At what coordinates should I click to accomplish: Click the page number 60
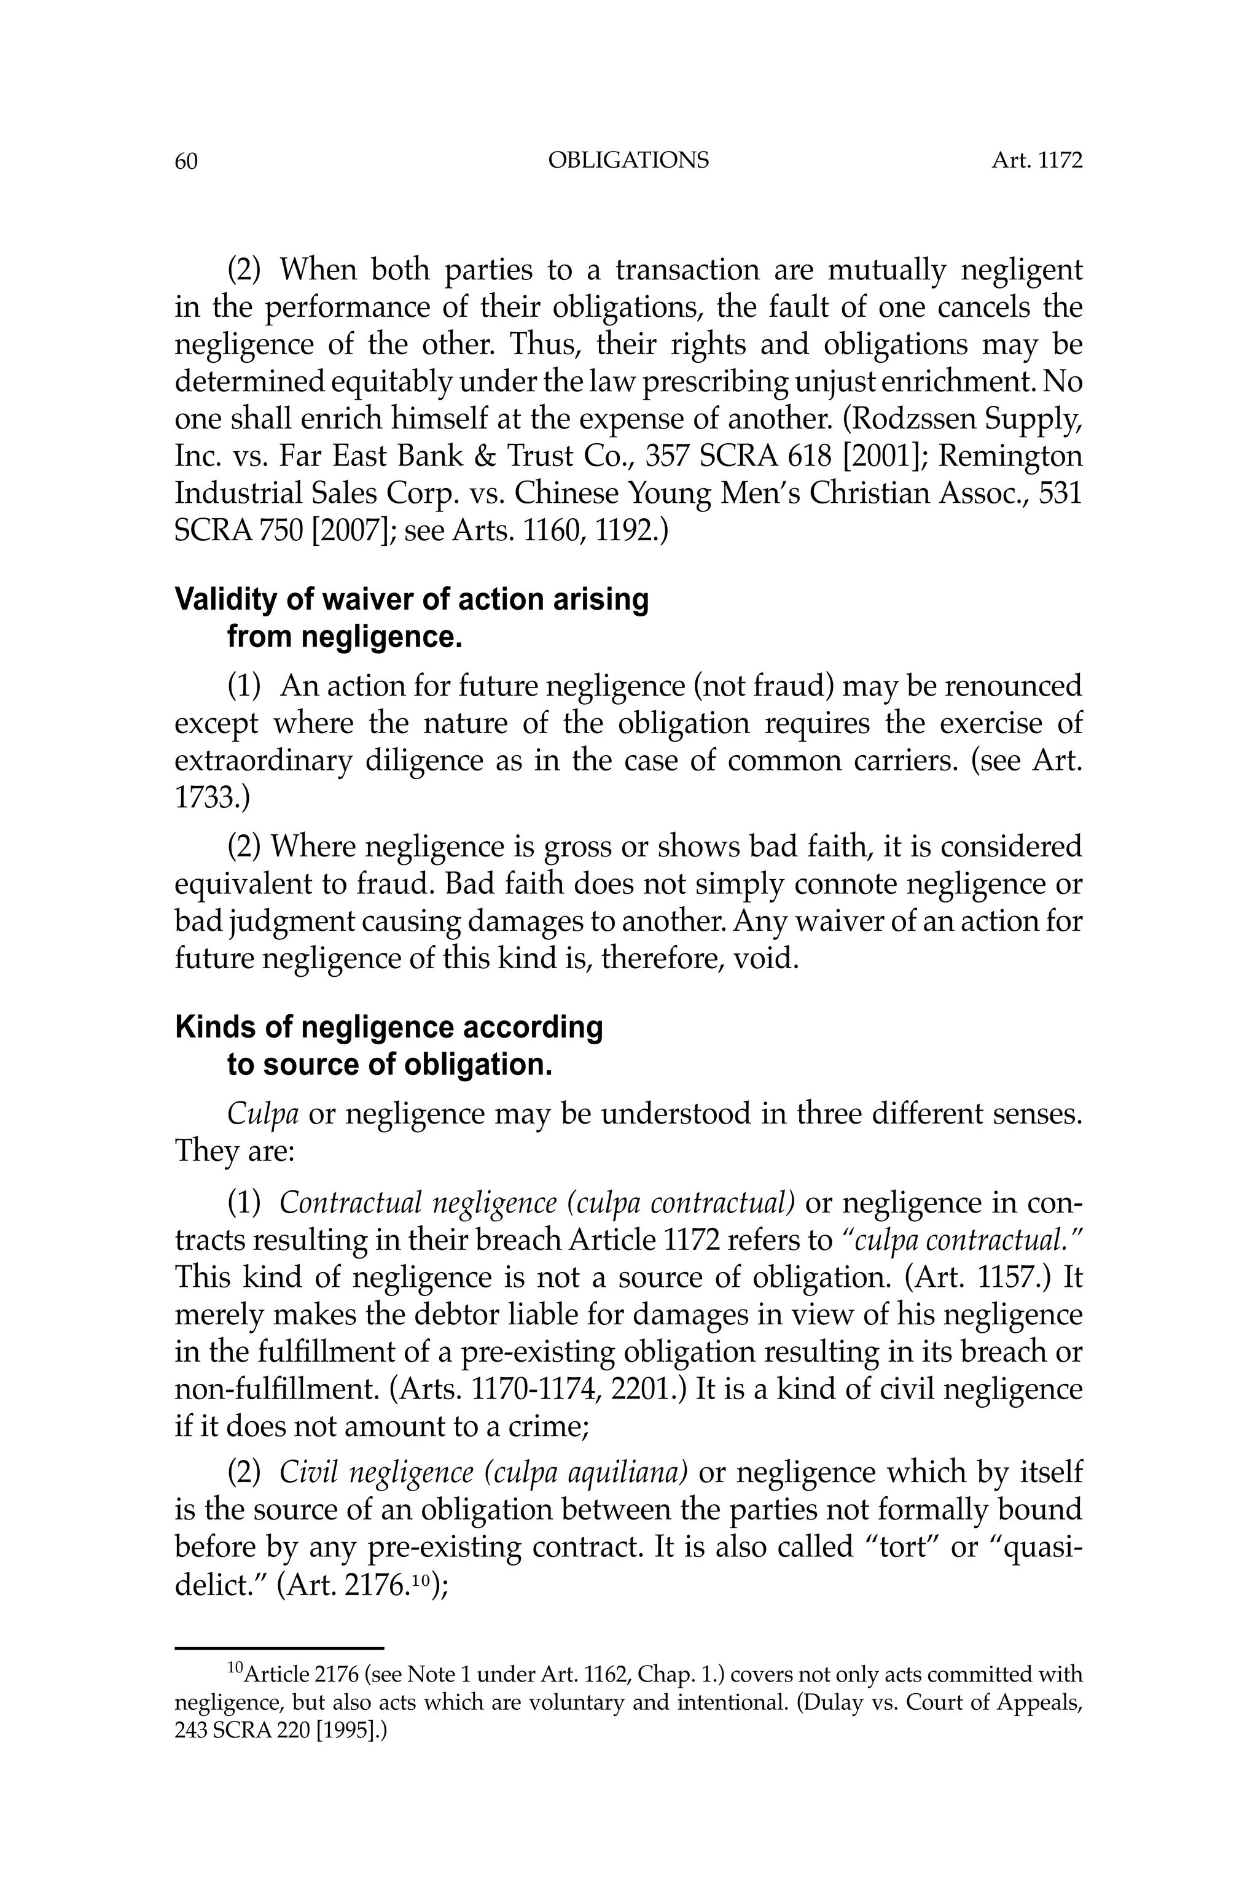coord(186,161)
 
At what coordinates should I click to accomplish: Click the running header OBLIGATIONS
coord(628,160)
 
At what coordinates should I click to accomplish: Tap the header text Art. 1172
coord(1037,160)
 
